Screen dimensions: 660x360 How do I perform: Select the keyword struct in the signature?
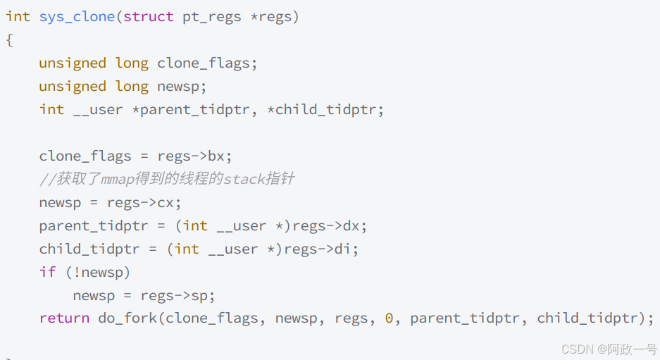(x=149, y=17)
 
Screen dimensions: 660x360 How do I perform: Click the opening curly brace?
(x=9, y=40)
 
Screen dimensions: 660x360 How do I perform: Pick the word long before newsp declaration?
(x=132, y=87)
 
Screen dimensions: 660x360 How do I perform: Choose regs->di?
(x=322, y=249)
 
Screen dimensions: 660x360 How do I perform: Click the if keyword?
(x=47, y=273)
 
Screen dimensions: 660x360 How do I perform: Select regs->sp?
(x=178, y=296)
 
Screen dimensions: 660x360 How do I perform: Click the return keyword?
(x=64, y=318)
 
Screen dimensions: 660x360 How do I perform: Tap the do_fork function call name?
(x=127, y=318)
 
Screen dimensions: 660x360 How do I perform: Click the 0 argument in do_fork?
(x=389, y=318)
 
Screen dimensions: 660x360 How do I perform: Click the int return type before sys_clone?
(x=18, y=17)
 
